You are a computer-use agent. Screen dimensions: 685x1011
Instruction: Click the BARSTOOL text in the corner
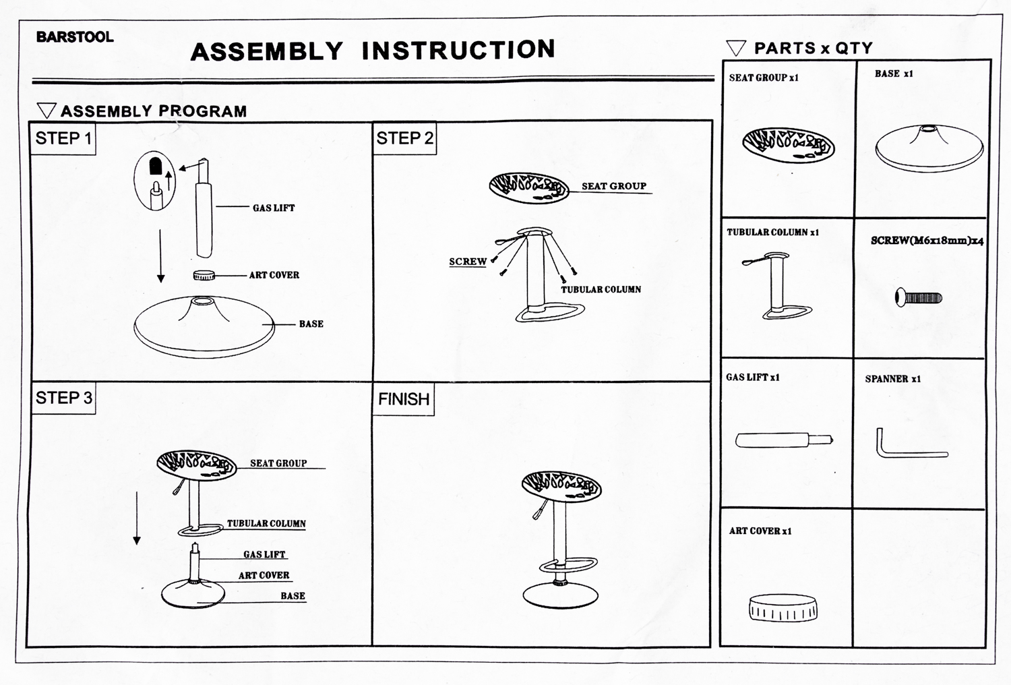tap(75, 37)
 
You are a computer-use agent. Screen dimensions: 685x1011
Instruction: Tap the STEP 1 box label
tap(63, 139)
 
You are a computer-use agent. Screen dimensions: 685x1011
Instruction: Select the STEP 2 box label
tap(404, 139)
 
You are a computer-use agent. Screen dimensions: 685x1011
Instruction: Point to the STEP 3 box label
tap(63, 398)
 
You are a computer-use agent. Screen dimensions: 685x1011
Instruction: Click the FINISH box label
tap(404, 400)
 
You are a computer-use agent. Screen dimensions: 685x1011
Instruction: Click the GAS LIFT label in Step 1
tap(274, 208)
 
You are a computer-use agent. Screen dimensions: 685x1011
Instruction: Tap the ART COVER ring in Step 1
tap(204, 275)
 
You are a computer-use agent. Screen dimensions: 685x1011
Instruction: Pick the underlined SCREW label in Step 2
tap(468, 262)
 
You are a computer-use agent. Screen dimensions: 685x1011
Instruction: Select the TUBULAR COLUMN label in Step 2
tap(601, 290)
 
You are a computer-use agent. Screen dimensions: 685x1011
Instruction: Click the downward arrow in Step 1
tap(160, 256)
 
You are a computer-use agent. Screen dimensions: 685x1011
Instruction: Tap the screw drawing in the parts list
tap(919, 297)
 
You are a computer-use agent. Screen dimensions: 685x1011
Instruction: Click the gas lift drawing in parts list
tap(784, 441)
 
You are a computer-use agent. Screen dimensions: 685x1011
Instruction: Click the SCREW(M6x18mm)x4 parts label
tap(927, 241)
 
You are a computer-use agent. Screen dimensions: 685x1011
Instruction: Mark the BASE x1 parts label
tap(894, 74)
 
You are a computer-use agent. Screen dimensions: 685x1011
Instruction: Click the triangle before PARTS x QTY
tap(736, 49)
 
